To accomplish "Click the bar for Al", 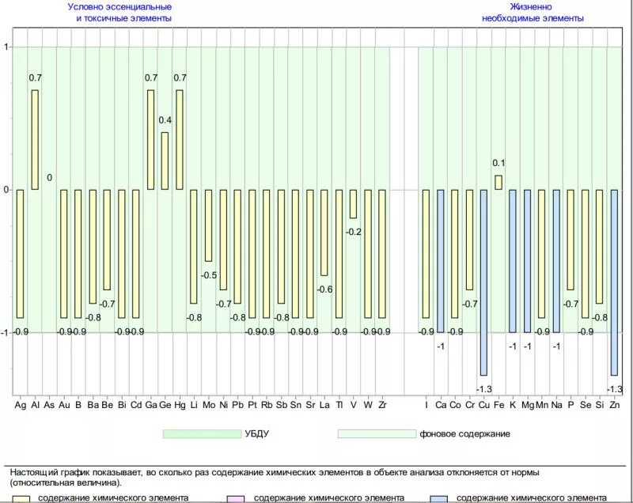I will click(35, 139).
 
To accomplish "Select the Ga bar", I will click(150, 139).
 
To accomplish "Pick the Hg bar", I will click(180, 139).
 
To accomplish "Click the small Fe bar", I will click(498, 182).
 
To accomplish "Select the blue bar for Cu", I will click(483, 282).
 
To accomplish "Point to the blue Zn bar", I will click(614, 282).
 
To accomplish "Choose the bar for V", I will click(353, 203).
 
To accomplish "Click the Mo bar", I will click(208, 225).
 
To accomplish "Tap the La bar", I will click(324, 232).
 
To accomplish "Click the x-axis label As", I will click(49, 405).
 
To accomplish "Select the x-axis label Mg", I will click(528, 405).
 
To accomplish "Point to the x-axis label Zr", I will click(382, 405).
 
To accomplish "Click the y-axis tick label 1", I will click(6, 47).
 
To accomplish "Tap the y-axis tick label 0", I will click(6, 190).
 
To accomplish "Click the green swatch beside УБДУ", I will click(202, 433).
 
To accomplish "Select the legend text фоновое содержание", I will click(464, 433).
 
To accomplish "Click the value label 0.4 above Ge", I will click(165, 120).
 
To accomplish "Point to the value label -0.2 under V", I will click(353, 231).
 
